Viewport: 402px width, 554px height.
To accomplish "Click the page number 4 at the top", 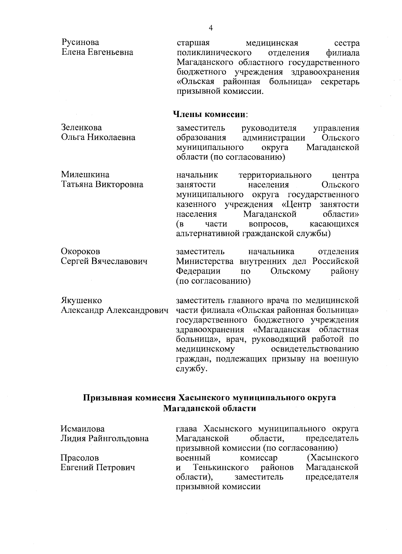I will click(211, 28).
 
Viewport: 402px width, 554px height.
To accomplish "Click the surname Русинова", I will click(80, 43).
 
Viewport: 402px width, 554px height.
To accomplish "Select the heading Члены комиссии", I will click(210, 114).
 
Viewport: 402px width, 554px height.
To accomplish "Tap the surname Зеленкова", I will click(81, 128).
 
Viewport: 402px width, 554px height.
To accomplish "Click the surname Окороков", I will click(80, 252).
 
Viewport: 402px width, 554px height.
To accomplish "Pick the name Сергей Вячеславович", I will click(104, 261).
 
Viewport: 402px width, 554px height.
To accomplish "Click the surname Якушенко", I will click(81, 300).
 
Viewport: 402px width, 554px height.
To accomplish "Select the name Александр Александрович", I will click(114, 310).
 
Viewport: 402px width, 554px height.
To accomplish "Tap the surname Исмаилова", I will click(82, 429).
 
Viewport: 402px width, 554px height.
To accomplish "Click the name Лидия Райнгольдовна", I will click(104, 439).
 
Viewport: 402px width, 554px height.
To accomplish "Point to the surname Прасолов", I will click(79, 458).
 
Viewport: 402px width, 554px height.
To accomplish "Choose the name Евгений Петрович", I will click(97, 467).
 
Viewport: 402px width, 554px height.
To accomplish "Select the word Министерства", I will click(205, 261).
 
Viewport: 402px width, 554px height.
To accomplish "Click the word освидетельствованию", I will click(315, 349).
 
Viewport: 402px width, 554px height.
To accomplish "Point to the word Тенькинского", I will click(221, 467).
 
